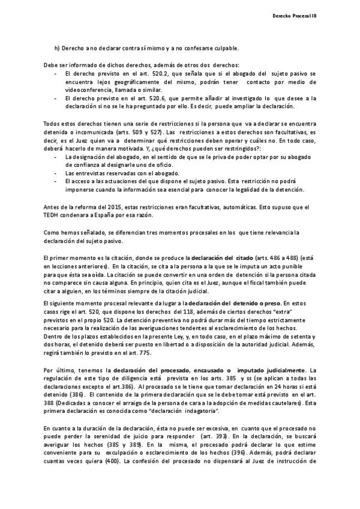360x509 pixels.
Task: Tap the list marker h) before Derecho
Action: point(57,48)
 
